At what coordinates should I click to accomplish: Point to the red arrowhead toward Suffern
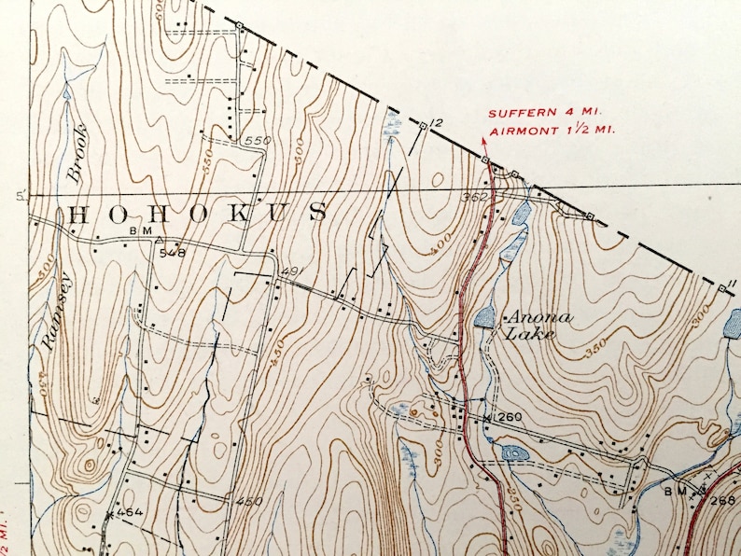tap(484, 140)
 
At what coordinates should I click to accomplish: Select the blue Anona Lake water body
tap(484, 318)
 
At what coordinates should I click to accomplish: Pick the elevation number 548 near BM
tap(172, 252)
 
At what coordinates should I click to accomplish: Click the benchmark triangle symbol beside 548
tap(159, 239)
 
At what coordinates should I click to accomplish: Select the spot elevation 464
tap(130, 512)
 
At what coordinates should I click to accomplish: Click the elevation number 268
tap(721, 499)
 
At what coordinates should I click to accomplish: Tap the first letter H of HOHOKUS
tap(78, 214)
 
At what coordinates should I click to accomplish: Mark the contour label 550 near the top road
tap(256, 141)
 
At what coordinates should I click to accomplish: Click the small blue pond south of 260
tap(512, 453)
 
